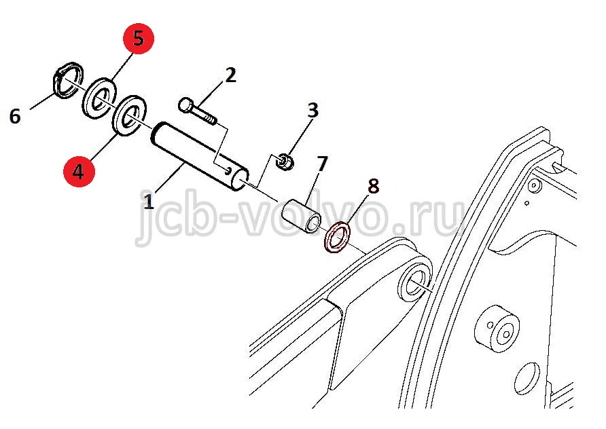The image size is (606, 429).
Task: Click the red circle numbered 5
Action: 139,39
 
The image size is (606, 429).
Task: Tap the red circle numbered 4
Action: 79,171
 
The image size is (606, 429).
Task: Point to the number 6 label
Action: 15,116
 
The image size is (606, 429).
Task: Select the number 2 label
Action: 230,75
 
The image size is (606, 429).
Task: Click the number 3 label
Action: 313,110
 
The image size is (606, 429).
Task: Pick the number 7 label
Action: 322,164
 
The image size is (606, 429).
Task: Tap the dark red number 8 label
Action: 374,186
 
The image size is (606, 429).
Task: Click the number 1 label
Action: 149,201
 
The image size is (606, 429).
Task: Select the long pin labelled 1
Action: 200,156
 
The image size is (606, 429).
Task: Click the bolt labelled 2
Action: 197,111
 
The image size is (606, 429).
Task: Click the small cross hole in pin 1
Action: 228,170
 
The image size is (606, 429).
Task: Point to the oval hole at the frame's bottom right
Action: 527,378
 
